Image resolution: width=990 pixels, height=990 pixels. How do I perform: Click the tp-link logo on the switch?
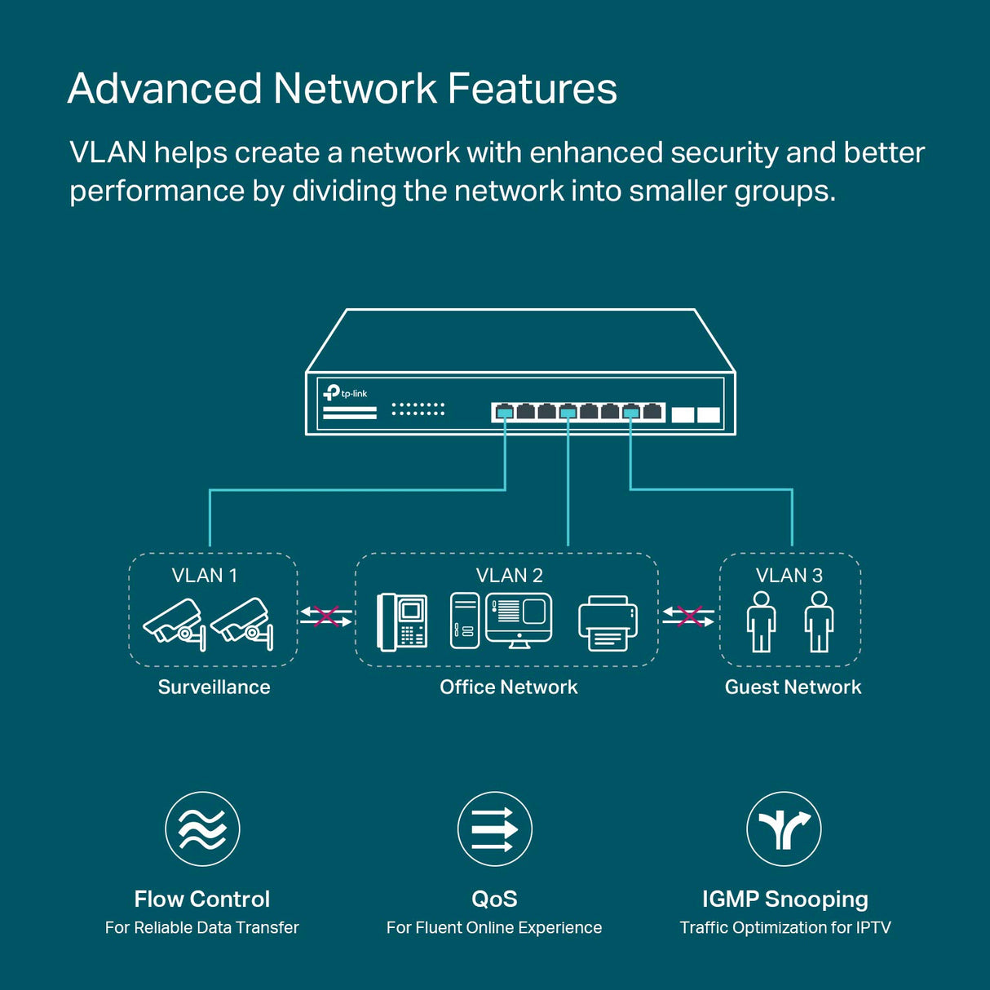point(345,393)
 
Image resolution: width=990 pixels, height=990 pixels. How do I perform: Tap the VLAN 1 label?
point(205,576)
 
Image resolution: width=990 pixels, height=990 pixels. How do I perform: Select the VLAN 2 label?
point(509,576)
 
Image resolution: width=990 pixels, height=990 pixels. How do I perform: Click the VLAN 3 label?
point(789,576)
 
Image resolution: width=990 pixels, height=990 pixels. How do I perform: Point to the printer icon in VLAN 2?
point(608,623)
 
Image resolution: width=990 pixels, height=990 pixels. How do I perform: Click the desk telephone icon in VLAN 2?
point(402,622)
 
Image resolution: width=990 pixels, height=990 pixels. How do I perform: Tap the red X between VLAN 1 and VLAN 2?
point(326,617)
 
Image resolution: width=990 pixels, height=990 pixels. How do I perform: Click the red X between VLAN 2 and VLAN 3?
point(689,617)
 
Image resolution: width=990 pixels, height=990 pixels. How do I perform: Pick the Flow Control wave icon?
point(202,829)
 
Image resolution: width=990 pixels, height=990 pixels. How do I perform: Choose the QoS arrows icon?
point(494,829)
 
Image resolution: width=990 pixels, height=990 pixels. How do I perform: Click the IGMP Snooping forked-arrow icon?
point(784,829)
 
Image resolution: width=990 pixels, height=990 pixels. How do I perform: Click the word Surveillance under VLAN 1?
point(214,687)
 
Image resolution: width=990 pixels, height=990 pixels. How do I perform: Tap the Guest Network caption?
point(793,687)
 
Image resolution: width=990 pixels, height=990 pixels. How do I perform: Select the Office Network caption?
point(508,687)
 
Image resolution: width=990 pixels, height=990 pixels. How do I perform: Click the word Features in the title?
point(532,89)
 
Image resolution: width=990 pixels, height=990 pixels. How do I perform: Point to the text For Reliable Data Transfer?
point(201,928)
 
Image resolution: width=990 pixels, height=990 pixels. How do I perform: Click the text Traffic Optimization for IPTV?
point(784,928)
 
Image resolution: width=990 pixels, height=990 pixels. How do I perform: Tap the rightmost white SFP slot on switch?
point(709,414)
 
